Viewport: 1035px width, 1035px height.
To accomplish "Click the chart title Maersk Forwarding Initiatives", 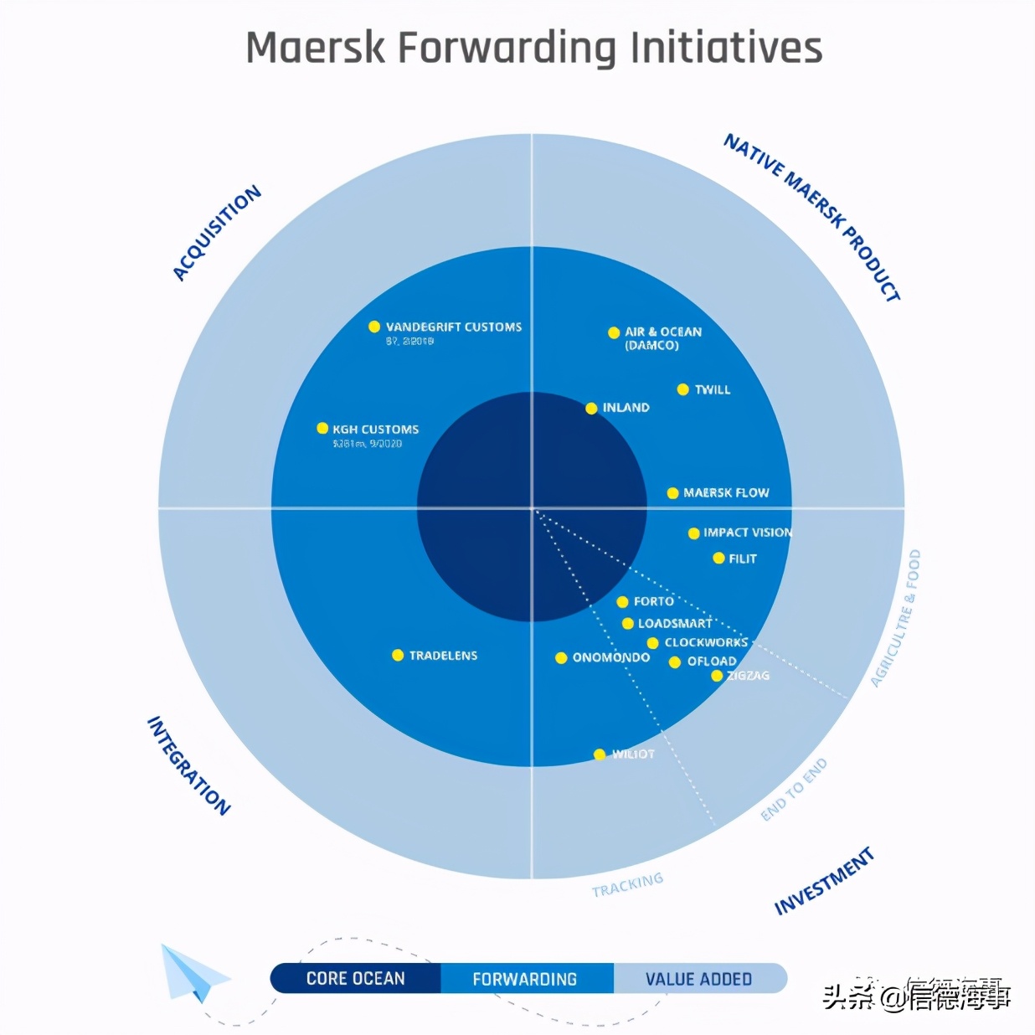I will tap(533, 48).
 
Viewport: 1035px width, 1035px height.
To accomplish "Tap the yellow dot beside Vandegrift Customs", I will tap(374, 327).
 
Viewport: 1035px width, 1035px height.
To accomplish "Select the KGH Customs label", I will tap(375, 430).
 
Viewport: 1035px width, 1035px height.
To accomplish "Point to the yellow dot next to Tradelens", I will tap(398, 655).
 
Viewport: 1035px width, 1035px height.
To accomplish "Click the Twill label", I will tap(712, 389).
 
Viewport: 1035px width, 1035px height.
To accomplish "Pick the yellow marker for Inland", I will tap(591, 409).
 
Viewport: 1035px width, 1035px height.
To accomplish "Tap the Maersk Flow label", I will tap(725, 493).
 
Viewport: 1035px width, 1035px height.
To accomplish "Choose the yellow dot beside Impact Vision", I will tap(693, 533).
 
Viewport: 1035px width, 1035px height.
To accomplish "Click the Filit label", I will tap(742, 559).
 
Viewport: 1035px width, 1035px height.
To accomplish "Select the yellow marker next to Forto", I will tap(622, 602).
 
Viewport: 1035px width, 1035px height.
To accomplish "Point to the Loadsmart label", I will tap(674, 624).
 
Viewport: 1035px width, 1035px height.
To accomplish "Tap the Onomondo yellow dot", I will tap(561, 658).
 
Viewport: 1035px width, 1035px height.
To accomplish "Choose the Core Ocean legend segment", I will tap(356, 978).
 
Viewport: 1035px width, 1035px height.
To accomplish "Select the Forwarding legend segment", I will tap(525, 978).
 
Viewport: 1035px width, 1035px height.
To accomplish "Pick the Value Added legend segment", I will tap(698, 978).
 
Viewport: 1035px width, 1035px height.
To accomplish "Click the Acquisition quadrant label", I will tap(217, 233).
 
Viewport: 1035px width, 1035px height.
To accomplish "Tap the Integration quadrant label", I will tap(188, 765).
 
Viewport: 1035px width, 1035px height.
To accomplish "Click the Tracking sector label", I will tap(627, 884).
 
